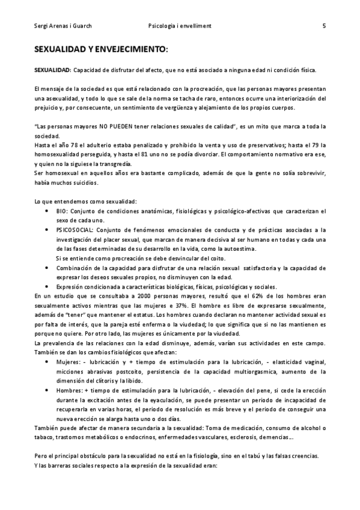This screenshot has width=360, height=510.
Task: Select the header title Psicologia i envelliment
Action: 179,26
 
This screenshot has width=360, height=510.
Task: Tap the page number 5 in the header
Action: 324,26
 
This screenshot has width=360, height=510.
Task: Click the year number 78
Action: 75,145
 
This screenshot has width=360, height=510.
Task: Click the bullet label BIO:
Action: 63,211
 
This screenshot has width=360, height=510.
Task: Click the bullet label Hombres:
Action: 70,390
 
